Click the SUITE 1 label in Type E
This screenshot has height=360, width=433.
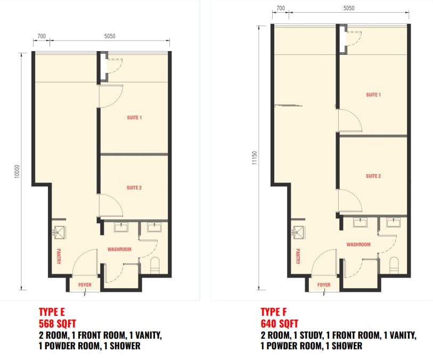coord(134,118)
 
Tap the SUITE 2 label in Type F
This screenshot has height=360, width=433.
coord(373,176)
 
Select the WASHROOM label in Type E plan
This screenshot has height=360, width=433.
coord(119,249)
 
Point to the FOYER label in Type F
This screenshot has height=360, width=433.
coord(324,284)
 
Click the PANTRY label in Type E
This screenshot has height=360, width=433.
coord(59,256)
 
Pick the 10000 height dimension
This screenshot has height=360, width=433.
coord(17,171)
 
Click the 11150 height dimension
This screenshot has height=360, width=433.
coord(255,158)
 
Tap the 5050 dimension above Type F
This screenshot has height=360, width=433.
coord(349,8)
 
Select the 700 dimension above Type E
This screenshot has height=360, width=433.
coord(42,36)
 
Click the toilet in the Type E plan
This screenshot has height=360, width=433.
coord(155,264)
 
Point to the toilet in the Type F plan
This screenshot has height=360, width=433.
coord(394,264)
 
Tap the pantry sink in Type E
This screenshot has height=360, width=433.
coord(59,232)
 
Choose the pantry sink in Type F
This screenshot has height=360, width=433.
coord(298,232)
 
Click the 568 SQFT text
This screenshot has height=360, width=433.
coord(58,324)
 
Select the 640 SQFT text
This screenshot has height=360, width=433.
coord(280,324)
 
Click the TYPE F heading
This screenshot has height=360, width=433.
coord(274,312)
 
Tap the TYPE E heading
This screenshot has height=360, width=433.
coord(52,312)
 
